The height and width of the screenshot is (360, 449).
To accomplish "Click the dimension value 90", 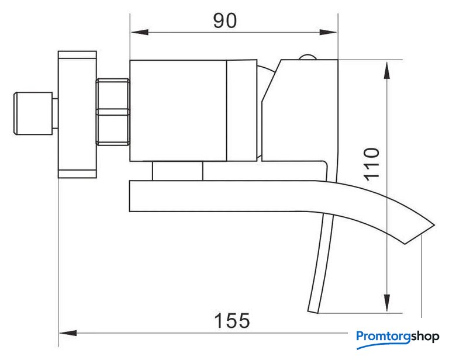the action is coord(225,20).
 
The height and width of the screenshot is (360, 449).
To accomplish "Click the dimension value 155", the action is coord(232,320).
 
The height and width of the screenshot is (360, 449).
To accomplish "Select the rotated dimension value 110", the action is coord(372,164).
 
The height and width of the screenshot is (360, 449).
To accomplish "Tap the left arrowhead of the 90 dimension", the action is coord(140,32).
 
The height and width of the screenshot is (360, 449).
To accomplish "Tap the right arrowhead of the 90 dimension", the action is coord(328,32).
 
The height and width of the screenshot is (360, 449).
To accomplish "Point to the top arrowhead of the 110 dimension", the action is coord(387,70).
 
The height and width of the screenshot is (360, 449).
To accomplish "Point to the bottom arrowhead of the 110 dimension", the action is coord(387,303).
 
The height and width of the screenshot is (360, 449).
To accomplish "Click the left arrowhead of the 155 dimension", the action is coord(68,333).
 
